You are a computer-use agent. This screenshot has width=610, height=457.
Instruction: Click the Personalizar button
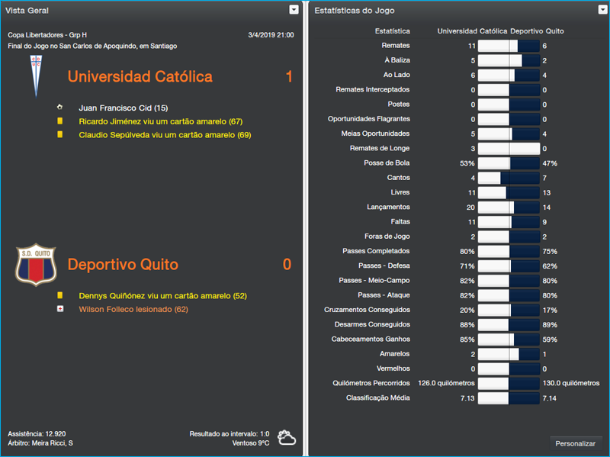[x=576, y=443]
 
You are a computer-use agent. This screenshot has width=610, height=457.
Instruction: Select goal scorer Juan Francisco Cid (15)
[x=123, y=108]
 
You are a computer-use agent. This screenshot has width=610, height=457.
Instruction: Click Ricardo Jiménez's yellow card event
[x=160, y=121]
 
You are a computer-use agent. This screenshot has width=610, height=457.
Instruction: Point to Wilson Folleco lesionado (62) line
[x=133, y=309]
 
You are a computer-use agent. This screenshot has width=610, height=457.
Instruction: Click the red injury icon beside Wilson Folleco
[x=59, y=309]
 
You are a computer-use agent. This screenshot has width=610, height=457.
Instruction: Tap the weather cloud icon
[x=287, y=437]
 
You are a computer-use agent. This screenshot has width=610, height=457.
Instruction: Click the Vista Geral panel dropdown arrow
[x=294, y=10]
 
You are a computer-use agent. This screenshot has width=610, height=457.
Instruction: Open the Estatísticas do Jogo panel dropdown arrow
[x=601, y=10]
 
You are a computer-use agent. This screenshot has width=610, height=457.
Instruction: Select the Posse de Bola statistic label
[x=387, y=163]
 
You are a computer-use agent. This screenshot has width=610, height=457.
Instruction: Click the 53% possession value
[x=467, y=163]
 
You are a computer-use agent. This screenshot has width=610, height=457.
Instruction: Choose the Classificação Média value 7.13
[x=467, y=397]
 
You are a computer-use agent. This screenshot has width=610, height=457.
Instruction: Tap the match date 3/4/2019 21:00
[x=271, y=35]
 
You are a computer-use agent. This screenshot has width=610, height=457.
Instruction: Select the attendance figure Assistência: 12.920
[x=37, y=433]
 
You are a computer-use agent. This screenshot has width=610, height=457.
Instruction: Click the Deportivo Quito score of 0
[x=287, y=265]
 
